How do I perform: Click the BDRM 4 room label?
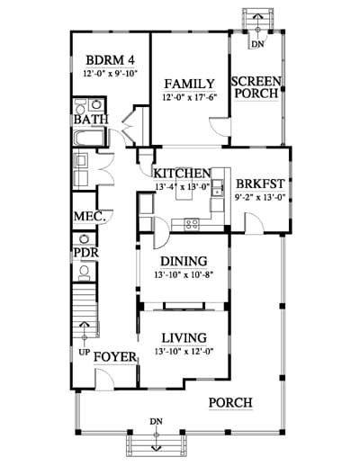click(110, 60)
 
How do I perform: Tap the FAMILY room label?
click(189, 84)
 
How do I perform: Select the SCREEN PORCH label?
click(256, 87)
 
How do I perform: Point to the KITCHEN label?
click(182, 174)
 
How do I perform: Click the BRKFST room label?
click(260, 184)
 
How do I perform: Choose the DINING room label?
click(184, 261)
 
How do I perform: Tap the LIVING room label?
click(184, 338)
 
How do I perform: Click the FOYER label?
click(115, 357)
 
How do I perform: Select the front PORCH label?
click(230, 402)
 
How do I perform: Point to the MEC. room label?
click(90, 216)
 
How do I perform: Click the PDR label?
click(86, 253)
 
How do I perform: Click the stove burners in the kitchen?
click(192, 224)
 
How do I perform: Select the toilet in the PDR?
click(85, 273)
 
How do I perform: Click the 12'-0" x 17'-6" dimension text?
click(189, 98)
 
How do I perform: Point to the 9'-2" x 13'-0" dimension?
click(260, 197)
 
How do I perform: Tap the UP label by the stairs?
click(85, 352)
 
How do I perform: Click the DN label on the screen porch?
click(257, 44)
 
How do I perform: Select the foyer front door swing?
click(104, 379)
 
